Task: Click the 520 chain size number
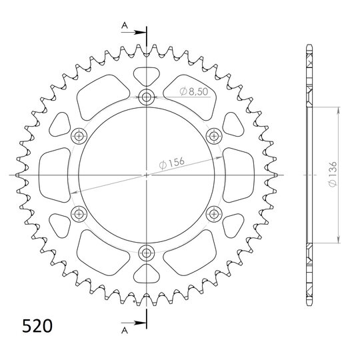coord(37,326)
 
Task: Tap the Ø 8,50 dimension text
coord(194,91)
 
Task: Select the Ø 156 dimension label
coord(172,163)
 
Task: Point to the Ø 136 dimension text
coord(333,174)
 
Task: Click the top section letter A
coord(125,25)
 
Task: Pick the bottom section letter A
coord(125,330)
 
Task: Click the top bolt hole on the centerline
coord(146,97)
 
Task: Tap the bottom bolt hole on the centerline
coord(146,253)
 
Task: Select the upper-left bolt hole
coord(79,136)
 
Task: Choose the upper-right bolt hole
coord(214,136)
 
